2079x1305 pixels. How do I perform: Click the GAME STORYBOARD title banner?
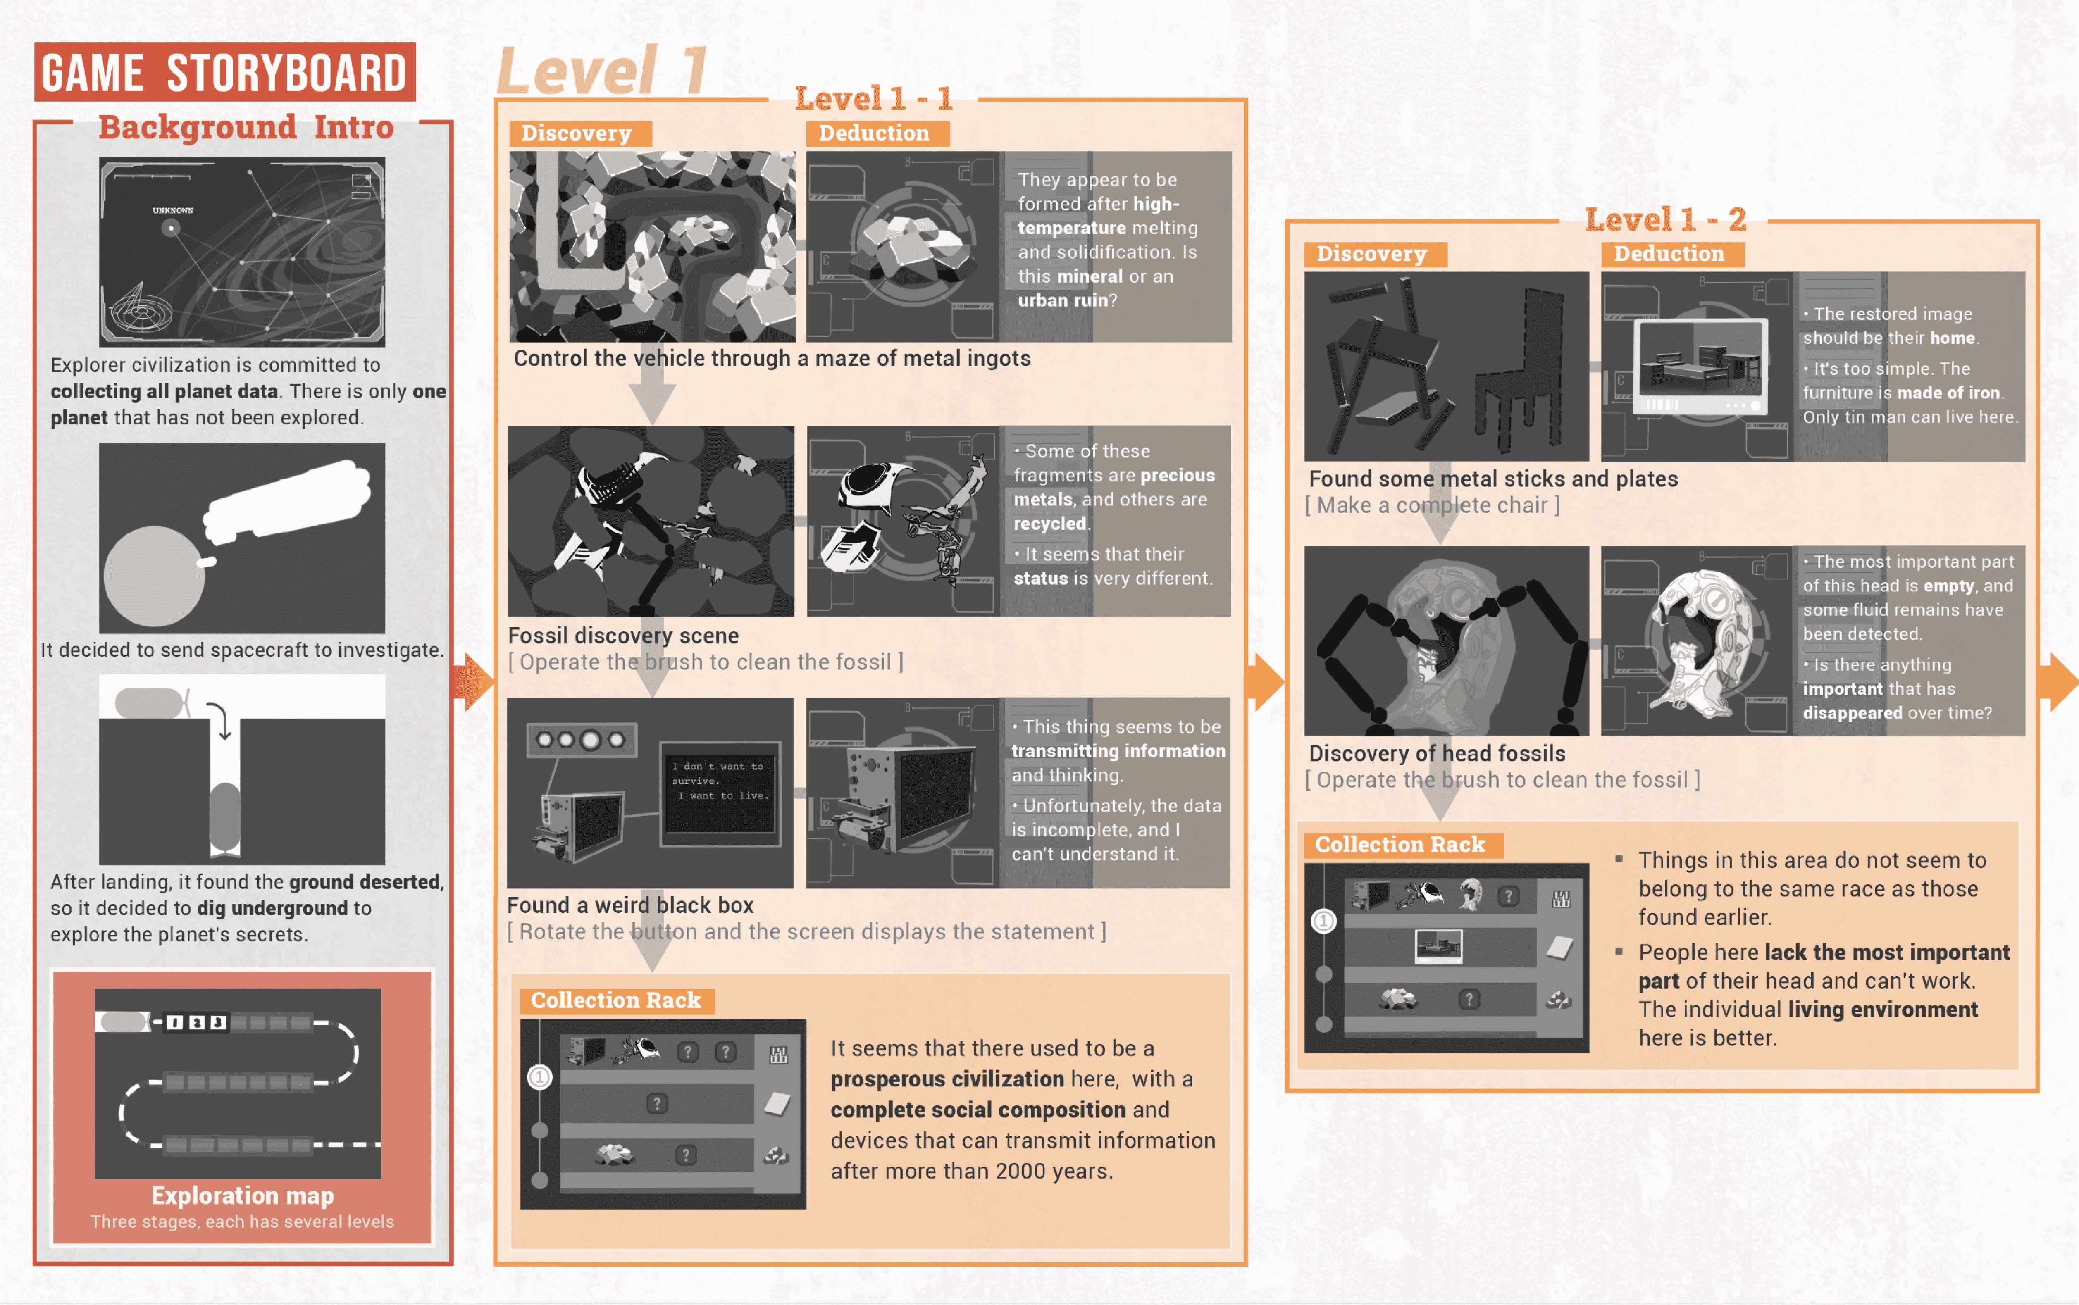pos(224,71)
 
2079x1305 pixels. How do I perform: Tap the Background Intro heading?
pos(246,128)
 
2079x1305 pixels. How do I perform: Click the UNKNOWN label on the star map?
pos(173,210)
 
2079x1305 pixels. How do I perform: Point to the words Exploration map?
pos(243,1195)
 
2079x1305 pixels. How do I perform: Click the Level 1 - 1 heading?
pos(873,98)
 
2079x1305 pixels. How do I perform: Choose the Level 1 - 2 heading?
pos(1666,219)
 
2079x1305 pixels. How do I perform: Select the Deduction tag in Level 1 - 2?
pos(1669,254)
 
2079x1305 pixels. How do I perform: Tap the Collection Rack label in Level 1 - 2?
pos(1400,844)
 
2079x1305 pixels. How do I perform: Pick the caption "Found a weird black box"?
pos(630,905)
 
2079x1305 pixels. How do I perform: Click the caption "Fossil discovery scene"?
pos(623,635)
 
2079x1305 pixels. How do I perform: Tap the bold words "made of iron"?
pos(1948,393)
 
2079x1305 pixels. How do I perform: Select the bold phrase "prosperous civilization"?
pos(948,1079)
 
